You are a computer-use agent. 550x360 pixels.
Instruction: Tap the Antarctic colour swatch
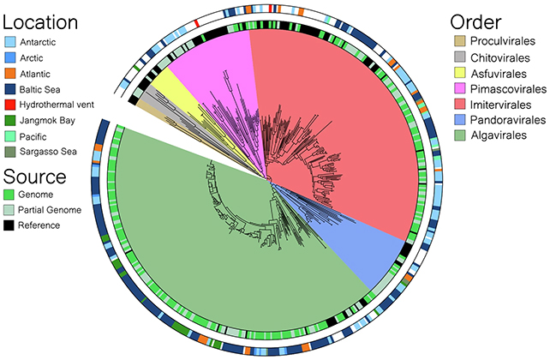tap(11, 42)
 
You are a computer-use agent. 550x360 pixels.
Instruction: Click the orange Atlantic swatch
tap(11, 73)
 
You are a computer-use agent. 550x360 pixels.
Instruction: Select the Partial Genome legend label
tap(55, 210)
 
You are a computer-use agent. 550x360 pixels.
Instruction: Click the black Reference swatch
tap(11, 225)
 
